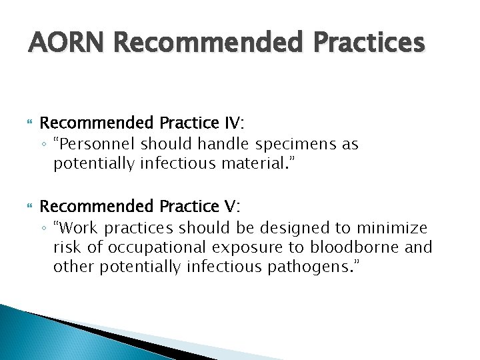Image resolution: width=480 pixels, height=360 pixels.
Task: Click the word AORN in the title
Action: tap(66, 43)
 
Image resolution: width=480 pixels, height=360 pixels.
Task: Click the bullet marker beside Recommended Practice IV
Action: tap(29, 124)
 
